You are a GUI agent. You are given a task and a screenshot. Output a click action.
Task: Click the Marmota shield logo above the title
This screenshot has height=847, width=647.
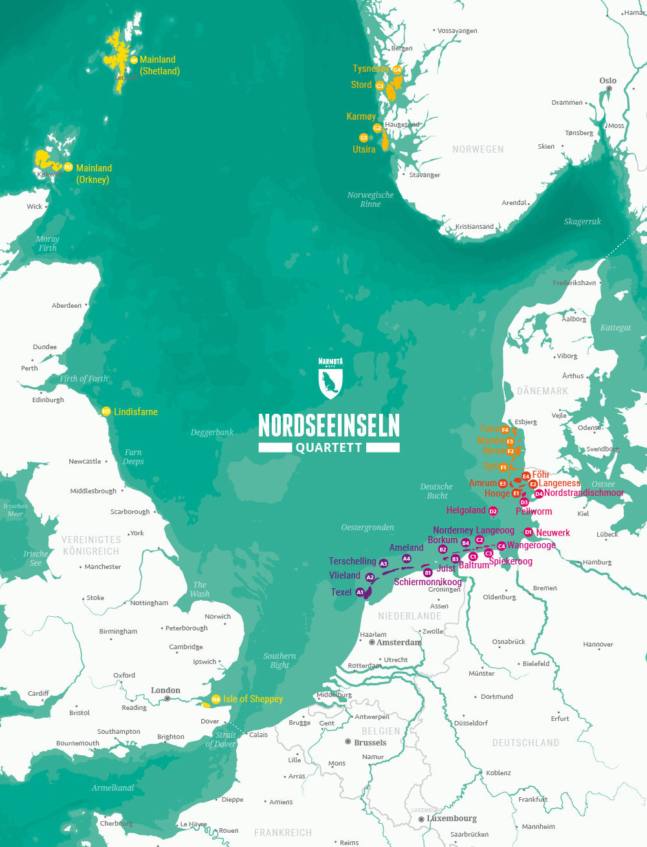[x=330, y=378]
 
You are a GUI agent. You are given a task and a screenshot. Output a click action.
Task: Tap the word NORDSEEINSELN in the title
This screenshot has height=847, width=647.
[x=329, y=425]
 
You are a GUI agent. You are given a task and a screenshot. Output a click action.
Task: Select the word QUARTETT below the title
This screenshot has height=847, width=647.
[x=329, y=447]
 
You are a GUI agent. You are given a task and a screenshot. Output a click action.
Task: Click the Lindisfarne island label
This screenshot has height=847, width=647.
[x=135, y=412]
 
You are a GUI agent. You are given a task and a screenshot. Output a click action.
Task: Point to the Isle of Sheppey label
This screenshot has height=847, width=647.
[x=253, y=699]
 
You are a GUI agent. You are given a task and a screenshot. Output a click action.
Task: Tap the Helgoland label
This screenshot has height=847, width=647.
[x=465, y=510]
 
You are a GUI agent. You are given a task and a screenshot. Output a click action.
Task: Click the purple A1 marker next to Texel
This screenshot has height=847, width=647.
[x=360, y=592]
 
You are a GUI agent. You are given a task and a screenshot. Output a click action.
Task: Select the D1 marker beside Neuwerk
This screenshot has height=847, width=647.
[x=529, y=532]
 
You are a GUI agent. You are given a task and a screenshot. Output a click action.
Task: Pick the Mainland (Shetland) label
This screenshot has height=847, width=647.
[x=159, y=65]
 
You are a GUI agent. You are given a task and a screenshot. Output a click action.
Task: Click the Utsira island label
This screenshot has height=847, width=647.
[x=364, y=149]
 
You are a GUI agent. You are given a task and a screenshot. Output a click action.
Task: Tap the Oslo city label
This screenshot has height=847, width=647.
[x=608, y=81]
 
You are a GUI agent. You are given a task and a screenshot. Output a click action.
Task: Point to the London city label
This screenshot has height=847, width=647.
[x=166, y=691]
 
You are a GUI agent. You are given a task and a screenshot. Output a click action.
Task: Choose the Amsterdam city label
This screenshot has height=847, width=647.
[x=399, y=643]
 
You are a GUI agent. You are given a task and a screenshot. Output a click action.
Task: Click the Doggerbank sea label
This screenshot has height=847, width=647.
[x=212, y=433]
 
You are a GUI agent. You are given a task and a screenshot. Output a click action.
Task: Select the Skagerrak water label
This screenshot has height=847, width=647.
[x=582, y=222]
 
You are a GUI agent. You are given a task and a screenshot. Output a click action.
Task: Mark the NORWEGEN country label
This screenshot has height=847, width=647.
[x=477, y=149]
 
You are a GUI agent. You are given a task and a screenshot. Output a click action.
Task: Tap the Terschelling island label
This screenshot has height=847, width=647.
[x=352, y=561]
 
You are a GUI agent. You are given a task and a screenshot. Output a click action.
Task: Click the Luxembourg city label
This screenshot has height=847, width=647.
[x=452, y=819]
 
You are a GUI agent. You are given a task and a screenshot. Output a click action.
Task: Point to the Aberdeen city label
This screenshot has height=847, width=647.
[x=67, y=305]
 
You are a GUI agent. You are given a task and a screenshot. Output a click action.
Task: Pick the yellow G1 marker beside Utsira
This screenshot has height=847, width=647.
[x=364, y=138]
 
